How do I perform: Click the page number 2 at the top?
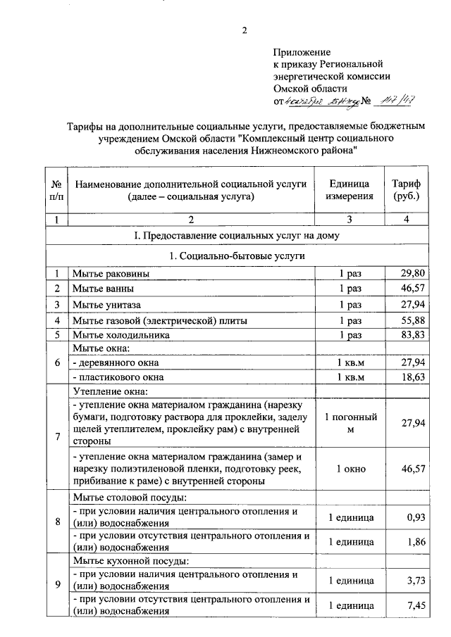[245, 30]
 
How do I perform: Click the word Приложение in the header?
[302, 52]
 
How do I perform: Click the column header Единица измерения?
[350, 190]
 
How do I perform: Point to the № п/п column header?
[56, 190]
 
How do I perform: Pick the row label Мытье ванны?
[102, 289]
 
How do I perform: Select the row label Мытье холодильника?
[121, 336]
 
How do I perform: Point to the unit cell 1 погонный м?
[350, 423]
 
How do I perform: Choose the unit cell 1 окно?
[350, 468]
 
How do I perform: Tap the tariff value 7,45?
[415, 605]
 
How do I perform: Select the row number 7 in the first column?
[56, 436]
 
